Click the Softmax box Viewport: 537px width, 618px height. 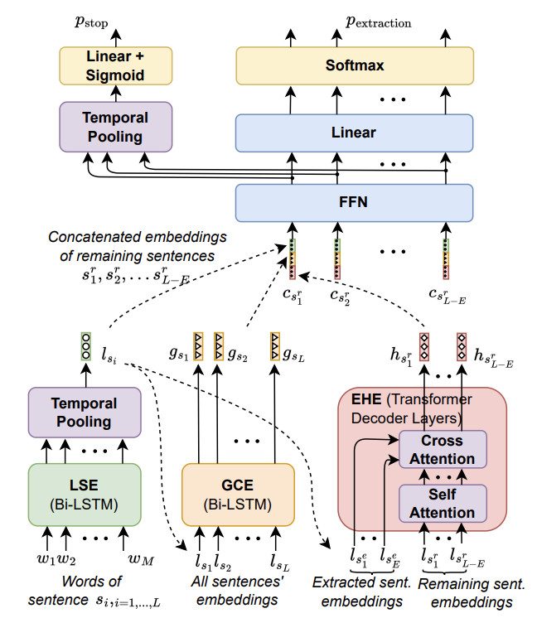click(x=355, y=64)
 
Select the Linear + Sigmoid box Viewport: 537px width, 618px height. click(x=116, y=65)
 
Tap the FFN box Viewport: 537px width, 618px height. click(x=355, y=200)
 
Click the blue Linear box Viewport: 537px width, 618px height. click(x=355, y=133)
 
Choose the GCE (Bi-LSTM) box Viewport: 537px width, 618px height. click(x=239, y=493)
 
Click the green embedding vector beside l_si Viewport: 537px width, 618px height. click(x=86, y=345)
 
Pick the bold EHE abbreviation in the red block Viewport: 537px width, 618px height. click(x=362, y=398)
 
